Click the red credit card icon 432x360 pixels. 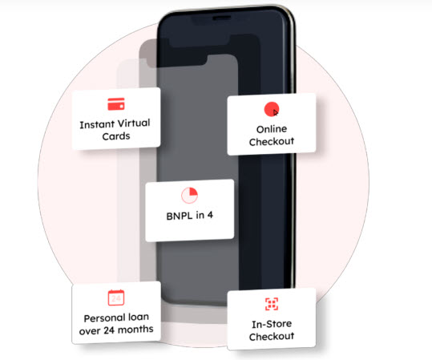pyautogui.click(x=116, y=104)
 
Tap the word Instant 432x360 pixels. pyautogui.click(x=97, y=124)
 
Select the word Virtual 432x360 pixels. pyautogui.click(x=133, y=123)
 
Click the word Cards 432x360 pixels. pyautogui.click(x=116, y=136)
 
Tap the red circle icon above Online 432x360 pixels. pyautogui.click(x=272, y=109)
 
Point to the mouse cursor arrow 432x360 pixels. pyautogui.click(x=276, y=113)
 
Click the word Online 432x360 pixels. pyautogui.click(x=272, y=129)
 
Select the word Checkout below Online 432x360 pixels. pyautogui.click(x=272, y=141)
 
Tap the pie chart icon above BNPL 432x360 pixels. pyautogui.click(x=189, y=195)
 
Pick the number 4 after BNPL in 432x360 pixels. pyautogui.click(x=210, y=215)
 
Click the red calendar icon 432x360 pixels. pyautogui.click(x=116, y=297)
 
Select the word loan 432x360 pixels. pyautogui.click(x=139, y=317)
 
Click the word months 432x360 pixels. pyautogui.click(x=135, y=329)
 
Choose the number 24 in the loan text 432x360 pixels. pyautogui.click(x=109, y=330)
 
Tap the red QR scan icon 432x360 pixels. pyautogui.click(x=272, y=304)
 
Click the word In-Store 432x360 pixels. pyautogui.click(x=272, y=324)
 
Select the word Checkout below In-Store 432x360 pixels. pyautogui.click(x=272, y=336)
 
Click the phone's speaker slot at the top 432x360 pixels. pyautogui.click(x=221, y=18)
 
